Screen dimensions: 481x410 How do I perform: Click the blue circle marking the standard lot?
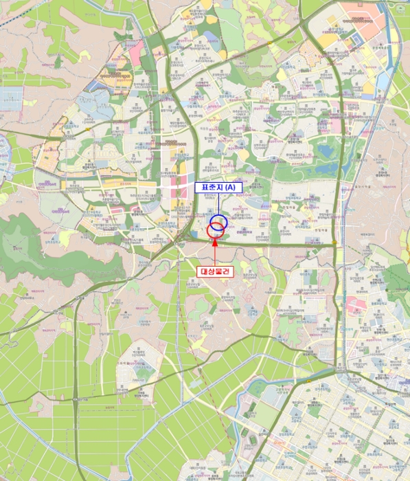click(218, 221)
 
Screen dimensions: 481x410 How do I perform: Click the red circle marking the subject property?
click(215, 231)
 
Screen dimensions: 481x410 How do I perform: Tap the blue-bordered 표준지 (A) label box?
click(216, 187)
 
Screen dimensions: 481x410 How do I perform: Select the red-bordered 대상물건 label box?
click(216, 271)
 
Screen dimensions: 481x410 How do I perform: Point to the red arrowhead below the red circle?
click(216, 243)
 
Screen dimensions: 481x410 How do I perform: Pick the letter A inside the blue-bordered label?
click(230, 187)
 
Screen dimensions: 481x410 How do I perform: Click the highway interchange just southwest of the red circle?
click(180, 240)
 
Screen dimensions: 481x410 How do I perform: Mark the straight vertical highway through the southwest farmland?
click(75, 385)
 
